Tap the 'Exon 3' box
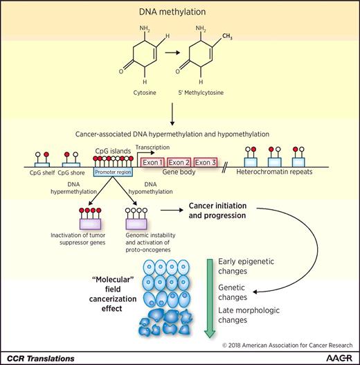point(206,162)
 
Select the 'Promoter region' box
point(111,170)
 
